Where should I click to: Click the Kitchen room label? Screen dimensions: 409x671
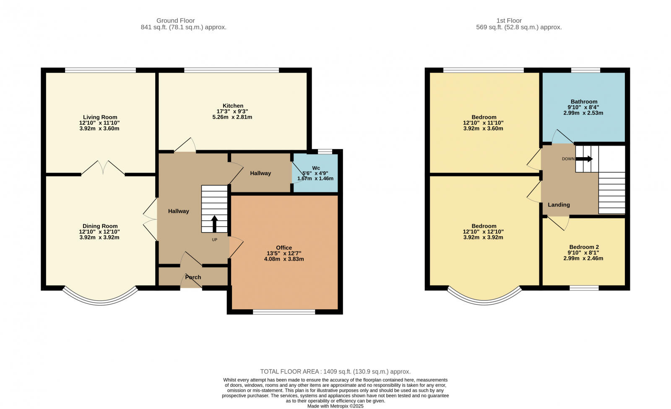click(x=233, y=106)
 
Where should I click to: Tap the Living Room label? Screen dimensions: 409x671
click(x=100, y=117)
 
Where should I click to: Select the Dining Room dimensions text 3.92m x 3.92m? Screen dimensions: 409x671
click(x=100, y=237)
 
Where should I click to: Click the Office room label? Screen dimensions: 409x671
click(x=284, y=248)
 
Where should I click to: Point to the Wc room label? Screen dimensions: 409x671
click(x=316, y=168)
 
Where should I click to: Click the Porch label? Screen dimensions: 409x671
click(x=193, y=277)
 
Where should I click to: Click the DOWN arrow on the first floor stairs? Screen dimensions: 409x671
click(x=584, y=159)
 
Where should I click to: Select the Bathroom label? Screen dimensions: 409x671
click(x=584, y=101)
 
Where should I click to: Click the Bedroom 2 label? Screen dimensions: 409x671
click(x=583, y=247)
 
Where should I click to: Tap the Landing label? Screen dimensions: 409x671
click(x=559, y=204)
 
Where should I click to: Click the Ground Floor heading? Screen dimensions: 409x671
click(x=175, y=21)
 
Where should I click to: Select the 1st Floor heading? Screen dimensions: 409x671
click(x=509, y=21)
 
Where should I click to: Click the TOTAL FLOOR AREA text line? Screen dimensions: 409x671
click(x=335, y=371)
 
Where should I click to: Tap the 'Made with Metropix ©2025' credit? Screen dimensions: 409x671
click(x=335, y=406)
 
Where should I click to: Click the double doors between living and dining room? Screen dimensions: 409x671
click(x=103, y=168)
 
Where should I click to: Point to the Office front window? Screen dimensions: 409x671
click(x=284, y=312)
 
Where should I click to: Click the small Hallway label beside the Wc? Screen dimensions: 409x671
click(x=260, y=173)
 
